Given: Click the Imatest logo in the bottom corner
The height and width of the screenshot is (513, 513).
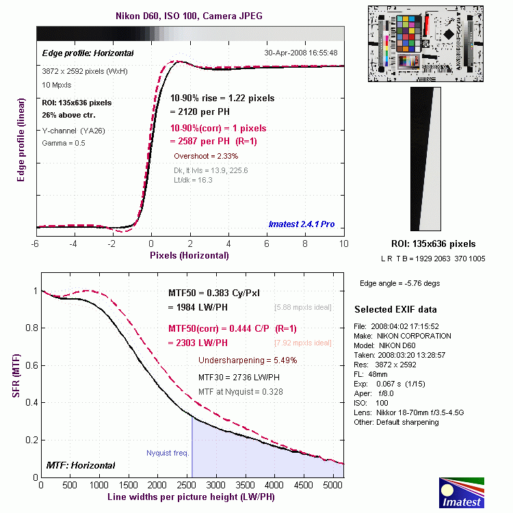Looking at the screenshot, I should pos(461,493).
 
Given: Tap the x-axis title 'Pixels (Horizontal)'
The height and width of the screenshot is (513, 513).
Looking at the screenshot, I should pos(189,255).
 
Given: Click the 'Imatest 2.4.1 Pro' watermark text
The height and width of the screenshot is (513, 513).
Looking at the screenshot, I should pos(301,224).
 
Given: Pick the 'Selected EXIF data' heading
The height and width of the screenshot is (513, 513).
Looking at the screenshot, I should pos(395,310).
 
